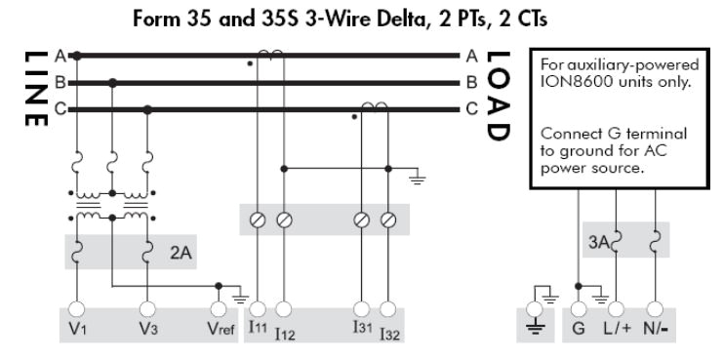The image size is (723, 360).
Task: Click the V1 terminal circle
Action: [76, 309]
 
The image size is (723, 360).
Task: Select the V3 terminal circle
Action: [147, 309]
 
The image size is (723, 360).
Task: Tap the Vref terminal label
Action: [221, 329]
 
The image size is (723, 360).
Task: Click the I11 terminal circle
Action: [258, 309]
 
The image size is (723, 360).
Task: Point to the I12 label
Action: [285, 334]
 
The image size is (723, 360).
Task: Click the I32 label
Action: [389, 334]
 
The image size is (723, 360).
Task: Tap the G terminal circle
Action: [579, 309]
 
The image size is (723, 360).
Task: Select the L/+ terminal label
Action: [617, 329]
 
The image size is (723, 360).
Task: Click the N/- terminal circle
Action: [655, 309]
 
